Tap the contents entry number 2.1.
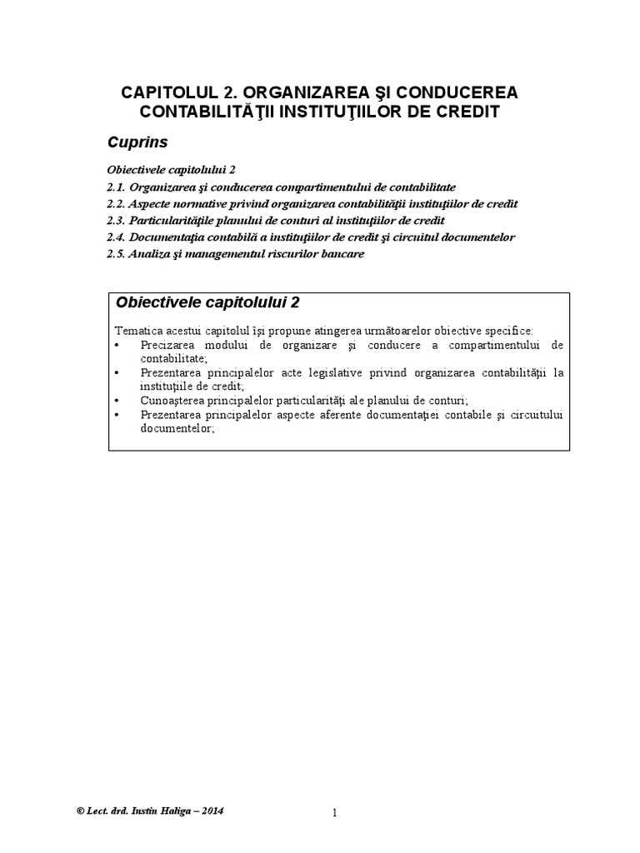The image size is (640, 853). [117, 187]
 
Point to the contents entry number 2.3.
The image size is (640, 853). [117, 221]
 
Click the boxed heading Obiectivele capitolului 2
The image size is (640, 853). [208, 302]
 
